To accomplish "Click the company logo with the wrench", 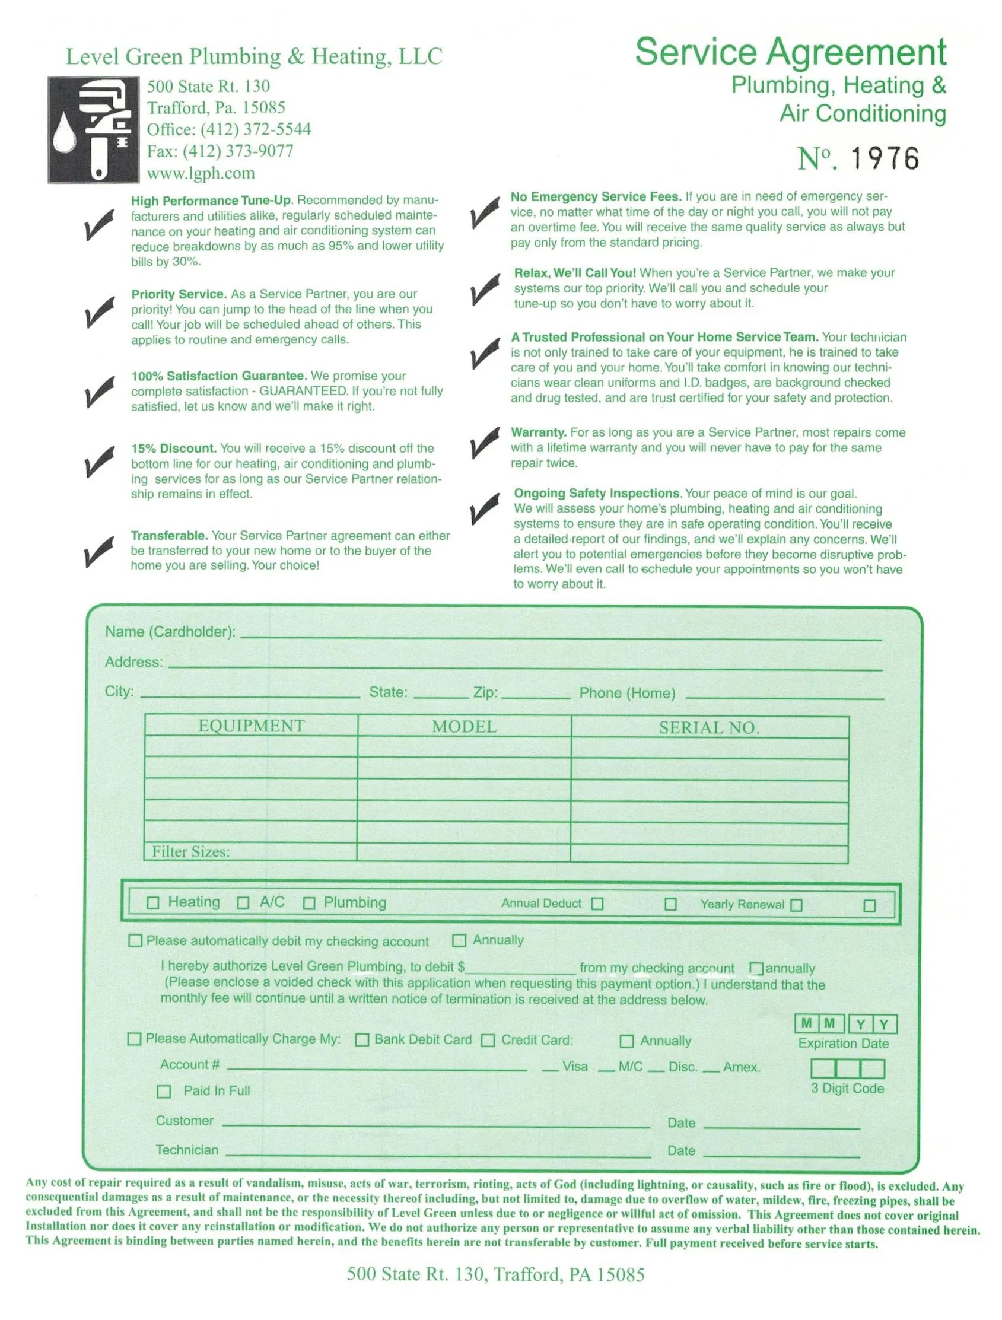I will coord(93,129).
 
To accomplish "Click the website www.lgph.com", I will coord(201,173).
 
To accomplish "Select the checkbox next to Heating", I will coord(153,902).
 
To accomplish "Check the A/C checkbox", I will coord(243,902).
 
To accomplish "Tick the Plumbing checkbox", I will coord(308,903).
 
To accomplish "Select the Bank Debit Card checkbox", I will coord(362,1040).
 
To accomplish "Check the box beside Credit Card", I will coord(488,1040).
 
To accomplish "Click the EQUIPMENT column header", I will coord(252,726).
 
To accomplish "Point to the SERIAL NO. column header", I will coord(708,727).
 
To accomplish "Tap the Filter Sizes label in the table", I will coord(190,851).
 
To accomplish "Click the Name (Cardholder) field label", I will coord(170,631).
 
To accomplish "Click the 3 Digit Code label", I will coord(847,1088).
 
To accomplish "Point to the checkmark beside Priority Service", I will coord(98,312).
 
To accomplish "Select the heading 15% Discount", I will coord(173,448).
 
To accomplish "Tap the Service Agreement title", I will coord(790,52).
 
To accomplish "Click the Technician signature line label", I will coord(187,1150).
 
